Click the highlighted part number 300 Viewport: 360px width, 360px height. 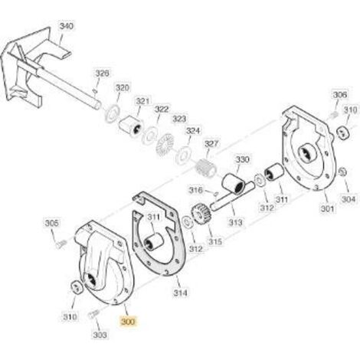(128, 322)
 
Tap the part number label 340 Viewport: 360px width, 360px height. (67, 26)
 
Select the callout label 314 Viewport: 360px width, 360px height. (180, 293)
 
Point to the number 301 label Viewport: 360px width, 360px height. (327, 208)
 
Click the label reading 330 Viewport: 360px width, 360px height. (242, 159)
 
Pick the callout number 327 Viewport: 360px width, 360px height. (211, 144)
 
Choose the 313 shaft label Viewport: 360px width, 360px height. (235, 222)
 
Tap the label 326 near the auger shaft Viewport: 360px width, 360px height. (102, 74)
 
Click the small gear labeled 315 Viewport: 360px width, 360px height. (201, 214)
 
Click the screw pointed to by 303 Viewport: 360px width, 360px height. (93, 314)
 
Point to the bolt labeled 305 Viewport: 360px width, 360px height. (61, 244)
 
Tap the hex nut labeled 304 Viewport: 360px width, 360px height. (342, 172)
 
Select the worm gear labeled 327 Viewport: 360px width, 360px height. (206, 167)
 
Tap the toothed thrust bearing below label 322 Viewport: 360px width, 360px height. (165, 144)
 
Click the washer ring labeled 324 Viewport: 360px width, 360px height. (183, 155)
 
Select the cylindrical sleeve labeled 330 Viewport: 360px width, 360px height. (233, 183)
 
